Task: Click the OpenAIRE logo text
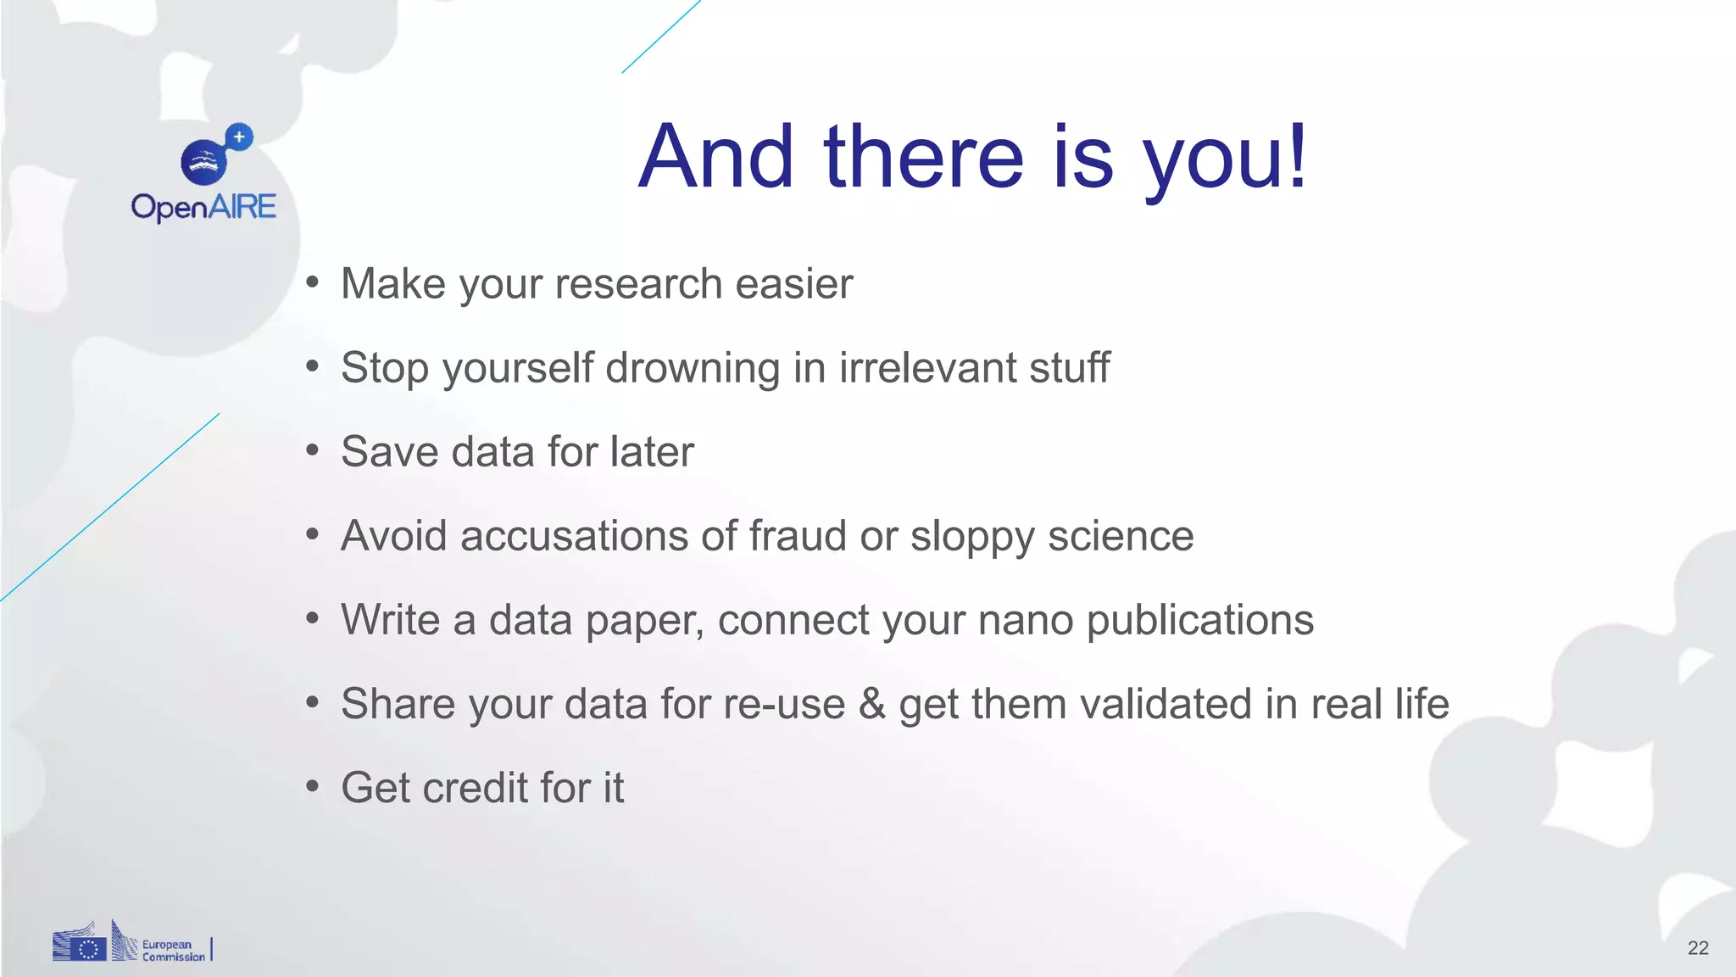[x=203, y=207]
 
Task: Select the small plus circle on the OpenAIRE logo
[x=240, y=137]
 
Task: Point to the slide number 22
[x=1697, y=947]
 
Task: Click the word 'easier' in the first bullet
[x=793, y=283]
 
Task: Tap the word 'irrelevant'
[x=926, y=368]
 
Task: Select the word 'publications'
[x=1199, y=621]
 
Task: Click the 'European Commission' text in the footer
[x=173, y=950]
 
